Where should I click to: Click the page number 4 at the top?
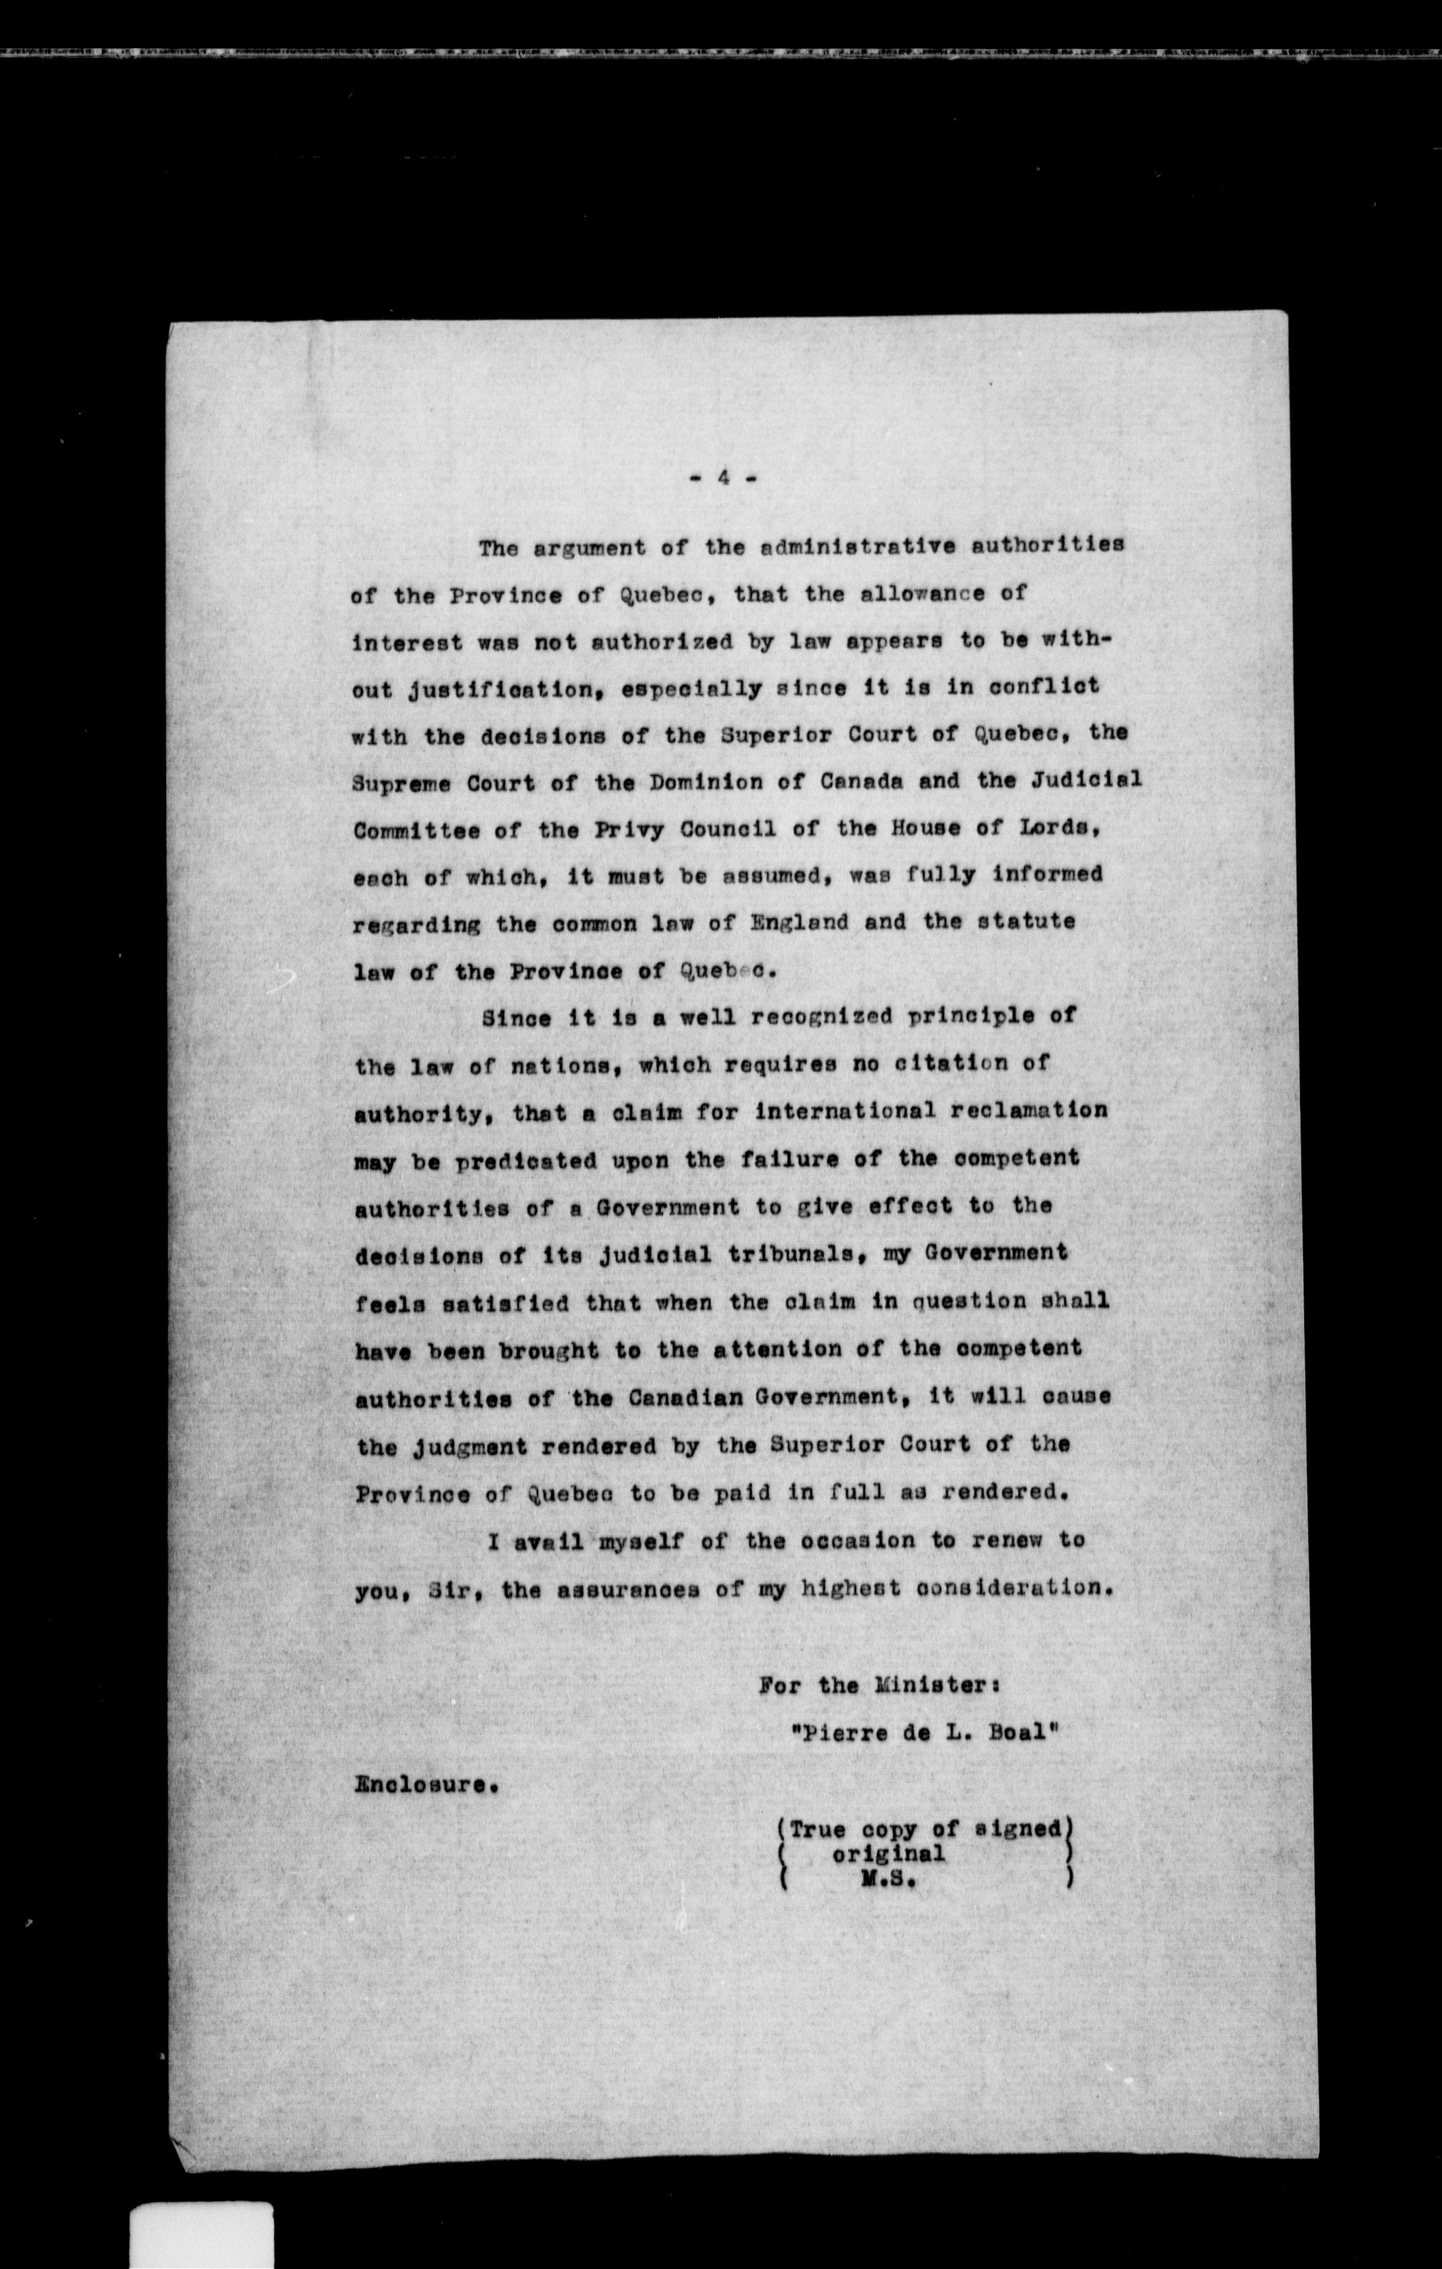pyautogui.click(x=723, y=478)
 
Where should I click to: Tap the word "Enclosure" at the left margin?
pyautogui.click(x=422, y=1784)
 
